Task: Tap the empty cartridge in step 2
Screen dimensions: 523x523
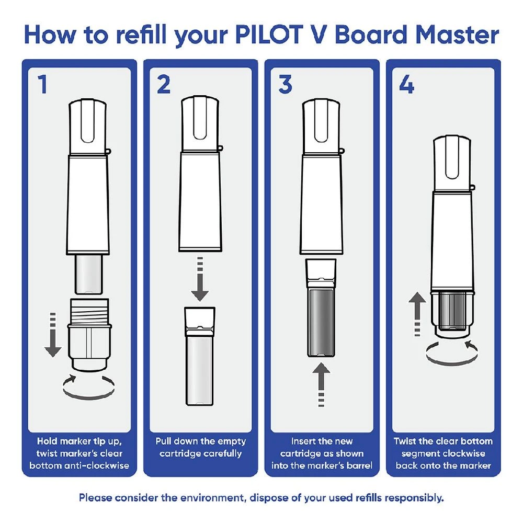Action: (x=199, y=356)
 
